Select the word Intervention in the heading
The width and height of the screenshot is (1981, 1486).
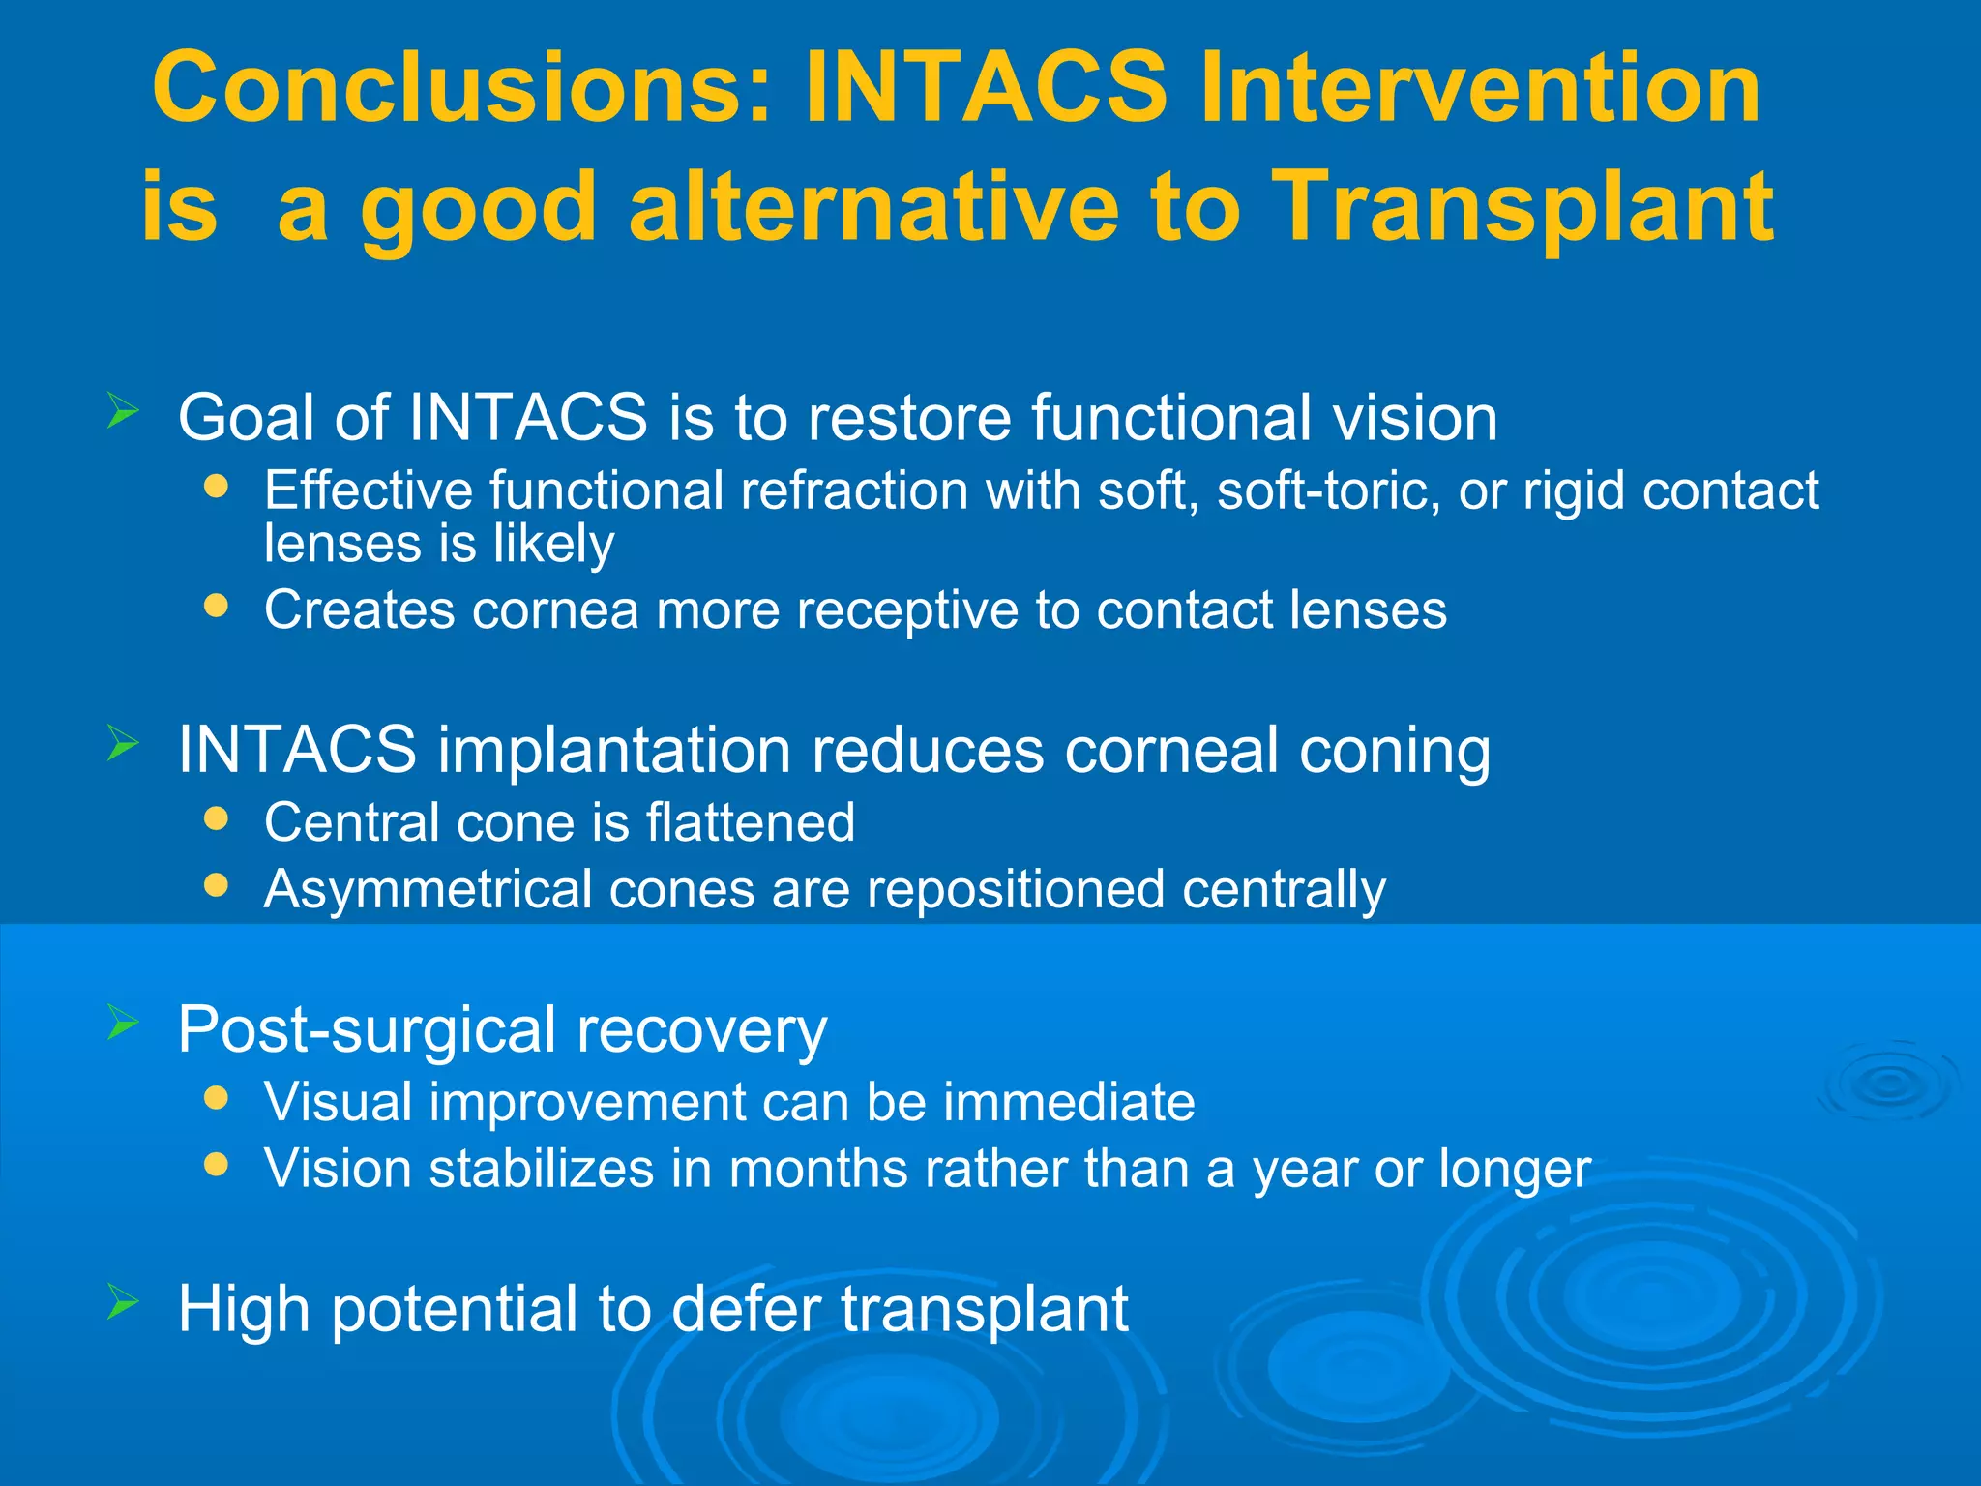click(1479, 89)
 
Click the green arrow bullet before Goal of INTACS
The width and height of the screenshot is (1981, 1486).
click(123, 411)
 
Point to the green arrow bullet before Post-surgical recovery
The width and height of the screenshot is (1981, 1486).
click(123, 1022)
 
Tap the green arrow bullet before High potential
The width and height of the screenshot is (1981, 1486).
click(123, 1302)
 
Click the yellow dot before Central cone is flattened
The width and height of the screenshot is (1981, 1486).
click(217, 819)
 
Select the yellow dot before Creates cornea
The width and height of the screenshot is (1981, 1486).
click(217, 607)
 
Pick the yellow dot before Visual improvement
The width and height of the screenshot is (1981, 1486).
click(217, 1098)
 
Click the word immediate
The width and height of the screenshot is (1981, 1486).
click(1069, 1102)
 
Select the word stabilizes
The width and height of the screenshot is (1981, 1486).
click(542, 1169)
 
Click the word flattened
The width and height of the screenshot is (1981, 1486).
click(750, 822)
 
